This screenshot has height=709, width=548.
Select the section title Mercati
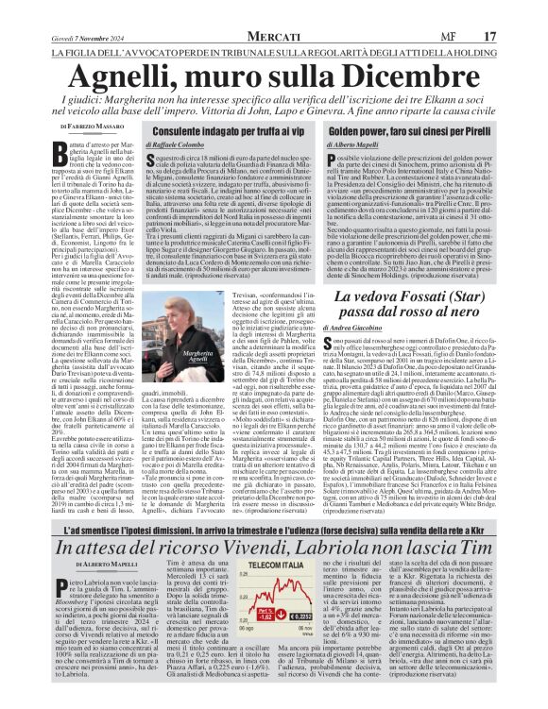(x=273, y=9)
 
